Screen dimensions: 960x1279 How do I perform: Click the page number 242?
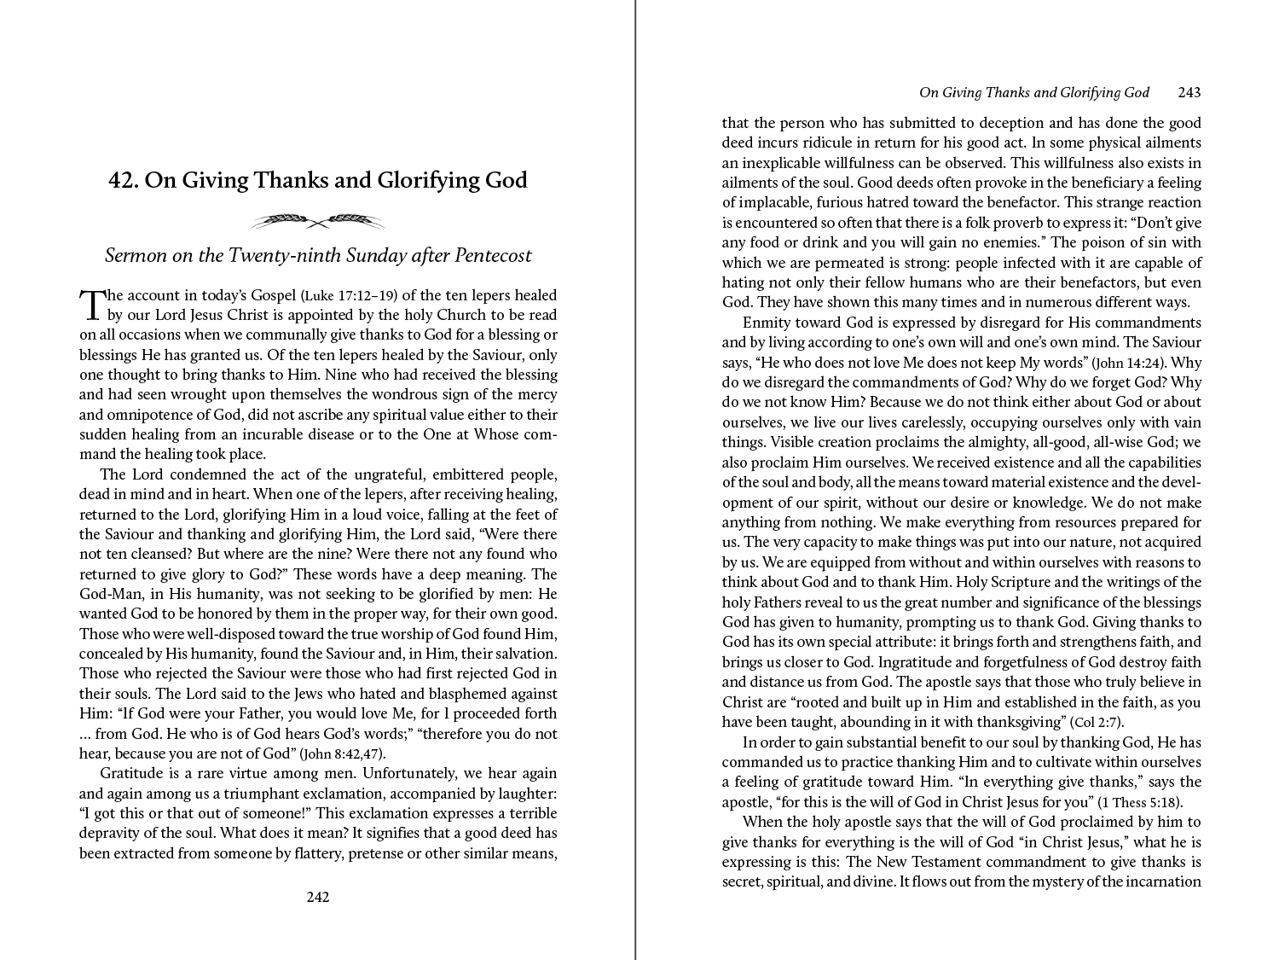(317, 897)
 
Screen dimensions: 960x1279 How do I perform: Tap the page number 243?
(1189, 92)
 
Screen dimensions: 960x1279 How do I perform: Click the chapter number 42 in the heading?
(124, 180)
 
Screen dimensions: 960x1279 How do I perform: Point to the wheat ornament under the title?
(317, 222)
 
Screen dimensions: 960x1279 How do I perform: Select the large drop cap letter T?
(90, 304)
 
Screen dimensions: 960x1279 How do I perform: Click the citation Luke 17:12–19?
(349, 296)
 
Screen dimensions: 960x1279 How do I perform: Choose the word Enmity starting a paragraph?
(767, 323)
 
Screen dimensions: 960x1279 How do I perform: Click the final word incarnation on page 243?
(1163, 881)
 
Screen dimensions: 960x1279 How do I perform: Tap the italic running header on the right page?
(1033, 92)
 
